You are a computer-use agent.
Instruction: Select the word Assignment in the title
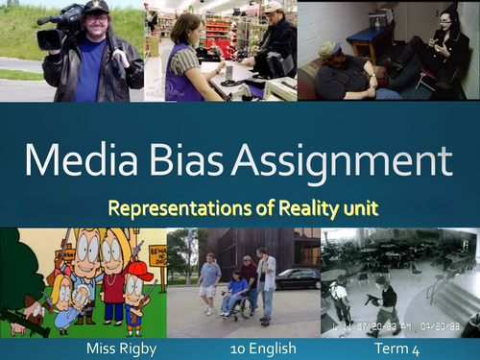tap(355, 161)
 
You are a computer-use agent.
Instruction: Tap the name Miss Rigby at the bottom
tap(117, 348)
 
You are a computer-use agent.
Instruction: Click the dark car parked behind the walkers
tap(299, 278)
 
